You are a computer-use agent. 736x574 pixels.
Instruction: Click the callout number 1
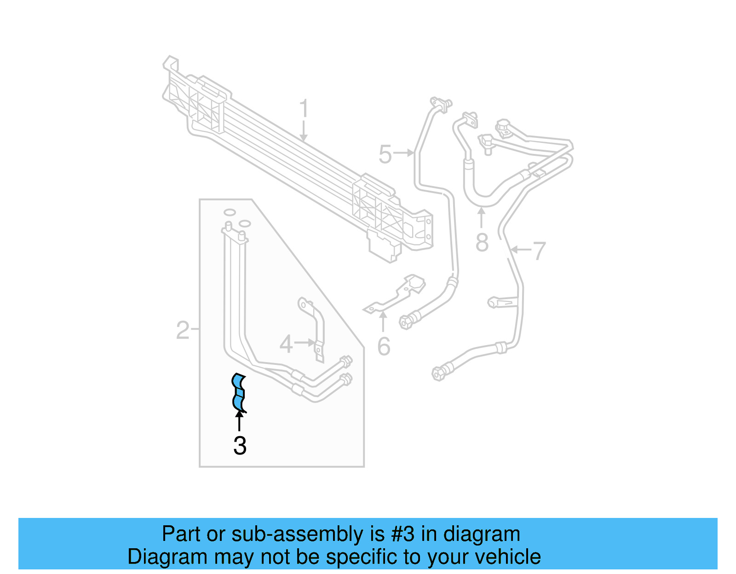point(304,109)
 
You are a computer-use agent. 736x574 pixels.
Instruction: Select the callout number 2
point(183,330)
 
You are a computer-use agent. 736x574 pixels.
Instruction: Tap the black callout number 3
point(240,445)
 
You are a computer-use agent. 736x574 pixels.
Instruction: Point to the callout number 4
point(286,344)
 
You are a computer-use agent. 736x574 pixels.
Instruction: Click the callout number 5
point(385,154)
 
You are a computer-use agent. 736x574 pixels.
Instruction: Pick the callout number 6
point(384,346)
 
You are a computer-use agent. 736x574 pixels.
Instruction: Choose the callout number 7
point(539,251)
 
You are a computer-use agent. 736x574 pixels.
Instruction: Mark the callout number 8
point(482,242)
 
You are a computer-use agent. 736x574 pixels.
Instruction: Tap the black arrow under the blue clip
point(239,420)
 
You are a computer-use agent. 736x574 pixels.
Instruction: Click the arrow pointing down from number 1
point(303,131)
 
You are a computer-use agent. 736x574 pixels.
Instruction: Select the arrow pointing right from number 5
point(405,153)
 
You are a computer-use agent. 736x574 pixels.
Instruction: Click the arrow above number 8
point(481,217)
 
